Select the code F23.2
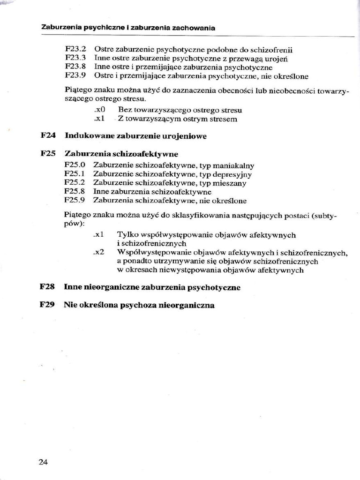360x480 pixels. [75, 49]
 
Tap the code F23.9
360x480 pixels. [75, 75]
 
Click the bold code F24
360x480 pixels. [48, 136]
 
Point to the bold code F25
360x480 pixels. [48, 153]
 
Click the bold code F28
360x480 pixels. [48, 287]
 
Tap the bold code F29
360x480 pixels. [48, 305]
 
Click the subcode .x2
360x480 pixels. [98, 252]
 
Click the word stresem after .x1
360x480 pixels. [221, 119]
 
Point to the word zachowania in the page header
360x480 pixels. [194, 28]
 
